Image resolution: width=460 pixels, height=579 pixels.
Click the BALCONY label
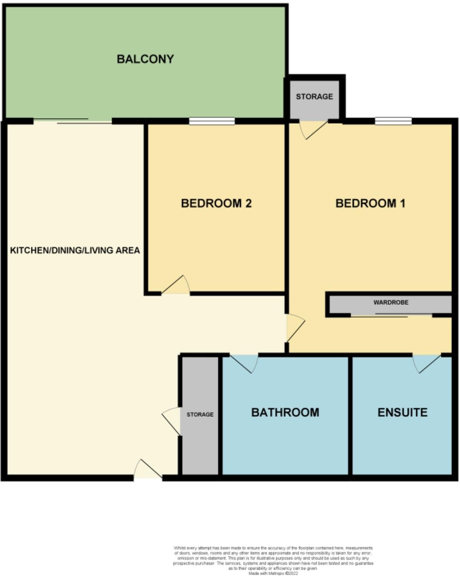pos(145,59)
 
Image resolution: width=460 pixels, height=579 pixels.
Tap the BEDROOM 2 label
pos(216,203)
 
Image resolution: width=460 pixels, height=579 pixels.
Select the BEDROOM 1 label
pos(370,203)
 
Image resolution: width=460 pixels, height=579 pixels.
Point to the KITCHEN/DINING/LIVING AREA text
pos(75,250)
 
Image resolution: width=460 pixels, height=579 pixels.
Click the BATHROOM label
pos(285,412)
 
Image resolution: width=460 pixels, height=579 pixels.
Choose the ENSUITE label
pos(402,412)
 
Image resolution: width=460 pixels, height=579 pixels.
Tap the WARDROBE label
pos(391,302)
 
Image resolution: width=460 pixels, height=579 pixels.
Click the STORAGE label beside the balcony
pos(314,96)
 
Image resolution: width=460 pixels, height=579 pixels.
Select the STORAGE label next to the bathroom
pos(200,414)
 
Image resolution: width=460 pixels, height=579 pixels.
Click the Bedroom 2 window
pos(212,121)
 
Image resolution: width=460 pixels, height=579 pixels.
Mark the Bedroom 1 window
pos(393,121)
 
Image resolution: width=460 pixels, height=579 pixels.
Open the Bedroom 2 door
pos(176,286)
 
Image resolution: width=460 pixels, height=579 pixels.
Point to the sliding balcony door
pos(73,121)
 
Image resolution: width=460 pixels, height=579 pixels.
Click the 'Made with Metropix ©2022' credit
pos(273,573)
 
